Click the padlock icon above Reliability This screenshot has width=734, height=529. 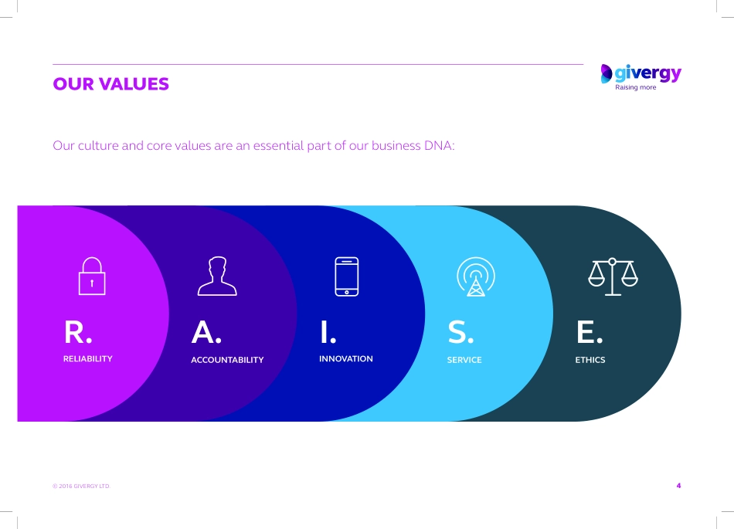(92, 276)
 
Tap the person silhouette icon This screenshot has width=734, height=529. (217, 276)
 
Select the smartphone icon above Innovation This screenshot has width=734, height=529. (347, 276)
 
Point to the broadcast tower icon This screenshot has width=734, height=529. (476, 276)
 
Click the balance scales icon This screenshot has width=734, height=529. (613, 276)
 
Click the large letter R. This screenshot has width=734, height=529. (75, 332)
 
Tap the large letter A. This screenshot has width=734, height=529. (203, 332)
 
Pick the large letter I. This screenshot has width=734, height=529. (325, 332)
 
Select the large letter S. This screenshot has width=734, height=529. (457, 332)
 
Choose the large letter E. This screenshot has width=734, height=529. (586, 332)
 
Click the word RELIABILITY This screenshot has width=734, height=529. (88, 359)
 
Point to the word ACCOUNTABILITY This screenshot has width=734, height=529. (227, 360)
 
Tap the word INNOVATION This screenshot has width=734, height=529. (346, 359)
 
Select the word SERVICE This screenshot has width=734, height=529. (464, 360)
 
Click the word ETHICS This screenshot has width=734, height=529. (590, 360)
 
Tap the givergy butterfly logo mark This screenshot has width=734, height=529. (607, 73)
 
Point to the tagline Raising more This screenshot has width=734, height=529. (636, 87)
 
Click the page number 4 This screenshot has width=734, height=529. (679, 486)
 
